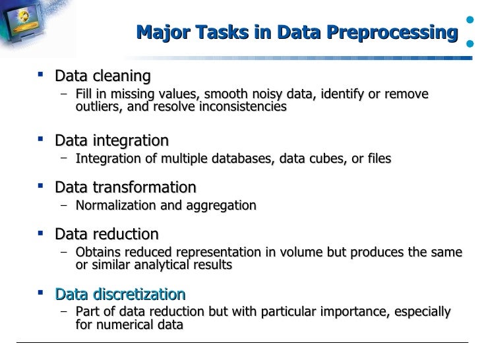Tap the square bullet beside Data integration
42,140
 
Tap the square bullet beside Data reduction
42,234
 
